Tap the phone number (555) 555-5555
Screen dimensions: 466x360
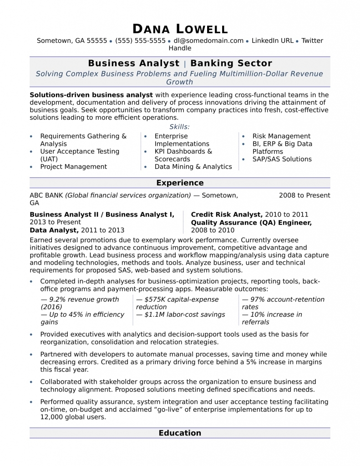pyautogui.click(x=140, y=41)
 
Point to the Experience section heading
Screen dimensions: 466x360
pyautogui.click(x=180, y=183)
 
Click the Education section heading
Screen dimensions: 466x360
pyautogui.click(x=180, y=433)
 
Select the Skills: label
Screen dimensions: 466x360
pyautogui.click(x=180, y=127)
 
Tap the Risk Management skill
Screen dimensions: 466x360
pyautogui.click(x=281, y=136)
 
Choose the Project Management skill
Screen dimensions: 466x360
pyautogui.click(x=73, y=167)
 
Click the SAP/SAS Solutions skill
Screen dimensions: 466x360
pyautogui.click(x=282, y=159)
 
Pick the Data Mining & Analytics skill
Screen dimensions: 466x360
pyautogui.click(x=193, y=167)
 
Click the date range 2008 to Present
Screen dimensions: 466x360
pyautogui.click(x=304, y=195)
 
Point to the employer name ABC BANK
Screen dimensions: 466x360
pyautogui.click(x=46, y=195)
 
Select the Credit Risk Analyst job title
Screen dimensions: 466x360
pyautogui.click(x=226, y=214)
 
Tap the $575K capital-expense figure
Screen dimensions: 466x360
pyautogui.click(x=177, y=299)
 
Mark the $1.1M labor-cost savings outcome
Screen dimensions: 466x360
pyautogui.click(x=181, y=314)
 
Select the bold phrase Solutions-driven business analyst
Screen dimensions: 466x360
pyautogui.click(x=91, y=95)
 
